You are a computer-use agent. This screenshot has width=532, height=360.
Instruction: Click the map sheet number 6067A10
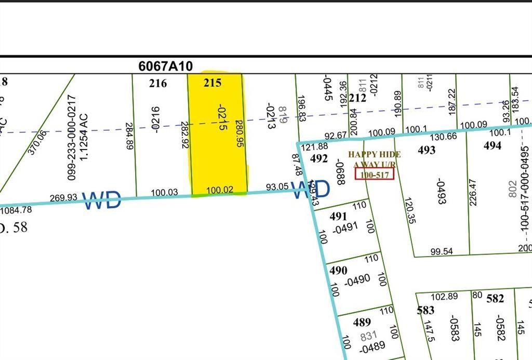pyautogui.click(x=166, y=66)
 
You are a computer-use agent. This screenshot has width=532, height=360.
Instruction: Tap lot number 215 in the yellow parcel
pyautogui.click(x=213, y=83)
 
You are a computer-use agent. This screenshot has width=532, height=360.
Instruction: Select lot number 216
pyautogui.click(x=158, y=83)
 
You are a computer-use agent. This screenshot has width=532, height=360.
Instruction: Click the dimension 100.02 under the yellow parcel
pyautogui.click(x=219, y=191)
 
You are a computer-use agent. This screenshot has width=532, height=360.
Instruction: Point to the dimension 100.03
pyautogui.click(x=164, y=192)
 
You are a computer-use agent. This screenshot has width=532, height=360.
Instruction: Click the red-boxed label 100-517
pyautogui.click(x=374, y=175)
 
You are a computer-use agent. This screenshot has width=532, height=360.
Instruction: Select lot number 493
pyautogui.click(x=427, y=150)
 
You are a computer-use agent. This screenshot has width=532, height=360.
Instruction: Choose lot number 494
pyautogui.click(x=493, y=145)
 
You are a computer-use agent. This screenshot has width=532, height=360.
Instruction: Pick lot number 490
pyautogui.click(x=338, y=271)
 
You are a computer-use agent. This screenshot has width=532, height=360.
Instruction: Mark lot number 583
pyautogui.click(x=425, y=310)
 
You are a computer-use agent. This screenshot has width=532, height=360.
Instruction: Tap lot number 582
pyautogui.click(x=495, y=299)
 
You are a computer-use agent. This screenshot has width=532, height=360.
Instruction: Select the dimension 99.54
pyautogui.click(x=442, y=251)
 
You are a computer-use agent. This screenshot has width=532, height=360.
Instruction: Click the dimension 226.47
pyautogui.click(x=473, y=192)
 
